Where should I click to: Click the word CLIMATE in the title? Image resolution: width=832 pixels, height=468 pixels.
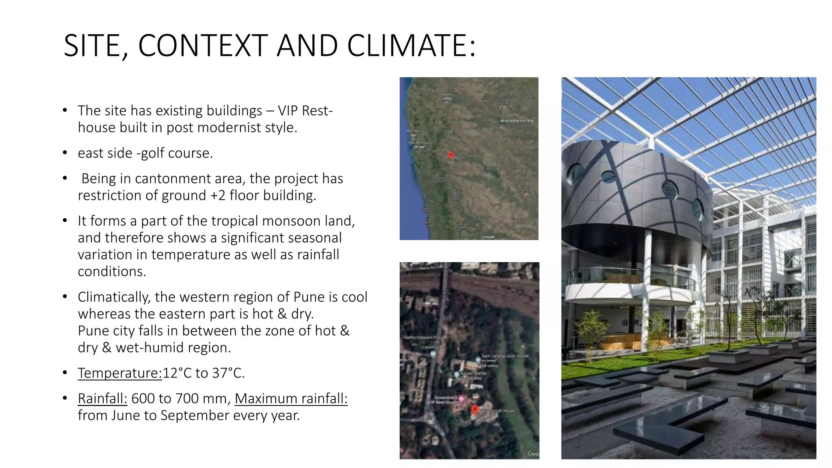click(410, 45)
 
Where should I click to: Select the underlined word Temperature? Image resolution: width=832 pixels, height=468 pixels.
click(120, 373)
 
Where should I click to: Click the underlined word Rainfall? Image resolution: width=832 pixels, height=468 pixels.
click(102, 399)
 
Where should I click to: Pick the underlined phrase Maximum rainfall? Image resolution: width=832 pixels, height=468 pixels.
click(291, 399)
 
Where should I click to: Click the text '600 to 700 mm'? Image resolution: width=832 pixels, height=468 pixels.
click(179, 399)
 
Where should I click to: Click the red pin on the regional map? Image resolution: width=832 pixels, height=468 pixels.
click(451, 155)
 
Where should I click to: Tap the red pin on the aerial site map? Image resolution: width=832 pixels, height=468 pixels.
click(474, 409)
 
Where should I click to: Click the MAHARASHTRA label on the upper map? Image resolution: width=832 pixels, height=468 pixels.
click(517, 121)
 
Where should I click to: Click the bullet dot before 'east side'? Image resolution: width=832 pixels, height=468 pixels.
click(65, 153)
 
